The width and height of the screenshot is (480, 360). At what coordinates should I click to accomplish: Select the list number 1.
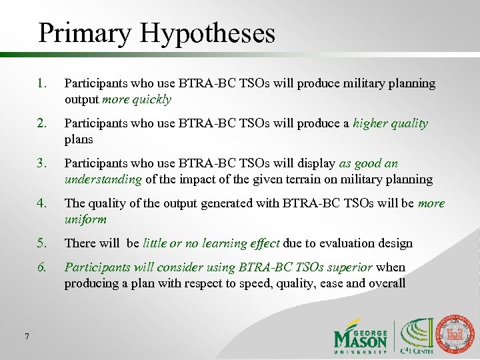42,83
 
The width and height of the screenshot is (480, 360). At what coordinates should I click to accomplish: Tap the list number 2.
43,123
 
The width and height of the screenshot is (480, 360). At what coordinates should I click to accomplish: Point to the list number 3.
43,163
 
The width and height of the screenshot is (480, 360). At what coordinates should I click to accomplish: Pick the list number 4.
43,203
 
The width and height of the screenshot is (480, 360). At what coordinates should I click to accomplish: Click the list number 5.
43,243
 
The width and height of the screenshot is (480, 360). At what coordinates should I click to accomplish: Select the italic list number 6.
43,267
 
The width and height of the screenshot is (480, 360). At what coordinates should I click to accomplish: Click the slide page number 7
26,337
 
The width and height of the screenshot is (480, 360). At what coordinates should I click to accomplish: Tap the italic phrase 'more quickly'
137,100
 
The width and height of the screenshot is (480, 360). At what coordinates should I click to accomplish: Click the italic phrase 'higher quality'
390,123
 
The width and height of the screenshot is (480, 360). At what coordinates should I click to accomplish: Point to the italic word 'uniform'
85,219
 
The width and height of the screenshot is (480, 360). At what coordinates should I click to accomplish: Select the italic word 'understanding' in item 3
103,179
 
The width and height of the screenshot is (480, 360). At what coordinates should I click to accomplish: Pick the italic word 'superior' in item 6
348,267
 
